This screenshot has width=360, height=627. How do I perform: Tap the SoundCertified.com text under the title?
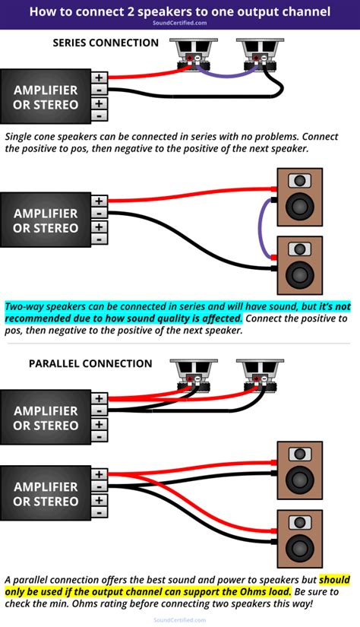click(180, 24)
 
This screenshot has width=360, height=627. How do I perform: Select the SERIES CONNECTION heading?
click(106, 43)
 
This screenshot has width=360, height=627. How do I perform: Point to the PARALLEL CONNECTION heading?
click(90, 363)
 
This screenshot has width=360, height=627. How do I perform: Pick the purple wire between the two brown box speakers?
click(263, 228)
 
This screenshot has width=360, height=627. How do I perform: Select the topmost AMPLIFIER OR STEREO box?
click(46, 97)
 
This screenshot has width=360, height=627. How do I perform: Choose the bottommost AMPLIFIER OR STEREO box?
click(46, 493)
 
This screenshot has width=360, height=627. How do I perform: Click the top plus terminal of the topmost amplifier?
click(99, 77)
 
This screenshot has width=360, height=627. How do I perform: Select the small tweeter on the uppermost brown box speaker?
click(302, 181)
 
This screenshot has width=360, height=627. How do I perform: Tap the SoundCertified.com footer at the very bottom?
click(180, 620)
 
